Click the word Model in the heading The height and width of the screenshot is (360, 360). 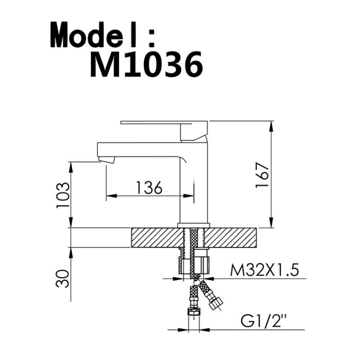(x=94, y=34)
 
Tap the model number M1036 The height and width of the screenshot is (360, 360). (x=147, y=64)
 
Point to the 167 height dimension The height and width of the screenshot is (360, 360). (x=262, y=175)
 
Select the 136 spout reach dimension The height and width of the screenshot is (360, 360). (x=149, y=187)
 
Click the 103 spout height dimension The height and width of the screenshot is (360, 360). (x=63, y=195)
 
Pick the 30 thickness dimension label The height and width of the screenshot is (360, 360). (x=62, y=279)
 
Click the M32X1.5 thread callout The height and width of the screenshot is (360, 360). (x=264, y=270)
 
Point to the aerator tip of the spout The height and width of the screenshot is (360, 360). (x=106, y=159)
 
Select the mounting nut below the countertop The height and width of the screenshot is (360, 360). (x=193, y=265)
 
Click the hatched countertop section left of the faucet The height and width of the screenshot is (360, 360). (x=157, y=238)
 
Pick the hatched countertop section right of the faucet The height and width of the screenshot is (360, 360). (x=230, y=238)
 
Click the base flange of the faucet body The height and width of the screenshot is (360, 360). (x=193, y=225)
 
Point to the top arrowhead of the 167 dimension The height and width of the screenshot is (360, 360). (x=272, y=127)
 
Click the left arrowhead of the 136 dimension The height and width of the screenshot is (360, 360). (x=112, y=196)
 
